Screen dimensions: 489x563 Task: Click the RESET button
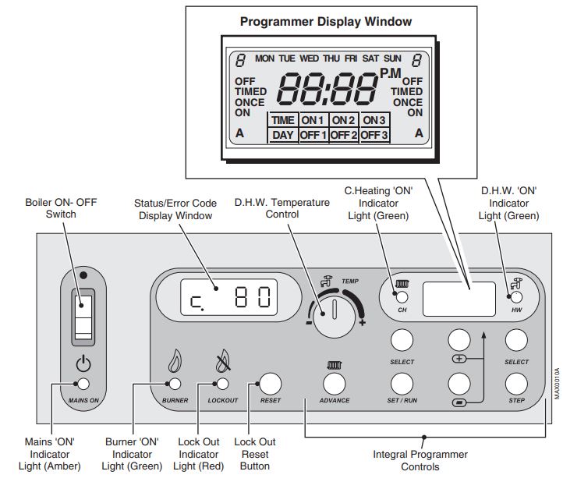pyautogui.click(x=270, y=382)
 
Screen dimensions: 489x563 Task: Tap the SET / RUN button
pyautogui.click(x=401, y=383)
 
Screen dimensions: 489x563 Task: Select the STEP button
pyautogui.click(x=516, y=383)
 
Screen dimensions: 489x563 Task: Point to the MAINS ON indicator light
pyautogui.click(x=83, y=383)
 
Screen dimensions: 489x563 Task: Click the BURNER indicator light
pyautogui.click(x=175, y=383)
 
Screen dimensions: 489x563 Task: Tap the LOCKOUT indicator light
pyautogui.click(x=222, y=383)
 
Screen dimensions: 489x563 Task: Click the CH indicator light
pyautogui.click(x=402, y=297)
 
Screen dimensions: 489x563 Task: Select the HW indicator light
pyautogui.click(x=516, y=297)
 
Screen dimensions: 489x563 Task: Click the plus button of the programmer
pyautogui.click(x=459, y=339)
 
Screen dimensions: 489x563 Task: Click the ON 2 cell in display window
pyautogui.click(x=344, y=120)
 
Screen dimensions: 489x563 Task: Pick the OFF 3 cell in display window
pyautogui.click(x=374, y=135)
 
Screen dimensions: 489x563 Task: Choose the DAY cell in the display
pyautogui.click(x=283, y=135)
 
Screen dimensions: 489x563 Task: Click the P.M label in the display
pyautogui.click(x=390, y=73)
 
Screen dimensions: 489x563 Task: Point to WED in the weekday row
pyautogui.click(x=310, y=58)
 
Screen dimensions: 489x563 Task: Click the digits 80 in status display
pyautogui.click(x=253, y=297)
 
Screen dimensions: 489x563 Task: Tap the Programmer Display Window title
pyautogui.click(x=326, y=21)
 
